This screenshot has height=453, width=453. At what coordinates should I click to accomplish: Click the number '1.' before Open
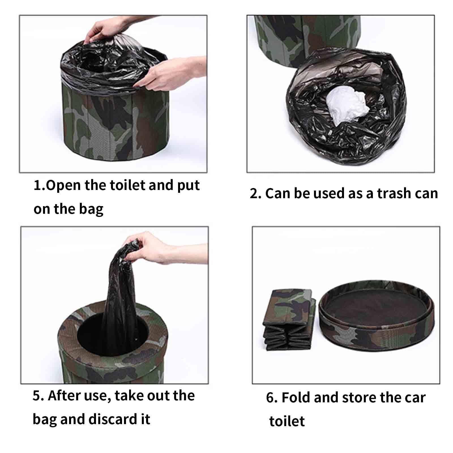point(39,186)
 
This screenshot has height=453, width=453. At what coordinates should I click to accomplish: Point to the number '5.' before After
point(38,396)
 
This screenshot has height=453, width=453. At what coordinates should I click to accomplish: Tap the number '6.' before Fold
point(272,398)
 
